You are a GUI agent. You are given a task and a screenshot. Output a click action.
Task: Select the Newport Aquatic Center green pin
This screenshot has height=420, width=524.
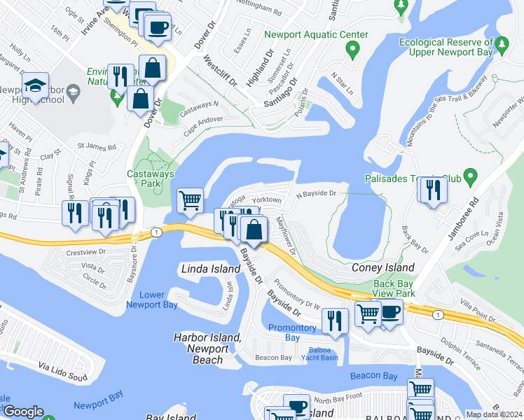(352, 49)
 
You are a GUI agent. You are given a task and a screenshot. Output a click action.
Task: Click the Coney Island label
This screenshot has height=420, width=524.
(382, 268)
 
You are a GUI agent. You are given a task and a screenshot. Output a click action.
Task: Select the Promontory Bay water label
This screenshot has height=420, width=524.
(293, 332)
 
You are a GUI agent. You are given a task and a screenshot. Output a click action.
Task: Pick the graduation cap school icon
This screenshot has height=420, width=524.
(34, 86)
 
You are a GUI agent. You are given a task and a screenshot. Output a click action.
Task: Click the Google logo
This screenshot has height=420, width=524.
(23, 412)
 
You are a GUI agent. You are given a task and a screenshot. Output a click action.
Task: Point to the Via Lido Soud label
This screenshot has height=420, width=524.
(63, 367)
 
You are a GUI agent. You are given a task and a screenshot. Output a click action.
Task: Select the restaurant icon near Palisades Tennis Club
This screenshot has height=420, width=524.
(434, 191)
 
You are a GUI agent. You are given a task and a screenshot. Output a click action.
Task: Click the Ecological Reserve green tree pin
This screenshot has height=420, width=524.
(502, 45)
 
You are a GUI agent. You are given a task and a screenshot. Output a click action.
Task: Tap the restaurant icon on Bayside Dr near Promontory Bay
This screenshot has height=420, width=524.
(335, 321)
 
